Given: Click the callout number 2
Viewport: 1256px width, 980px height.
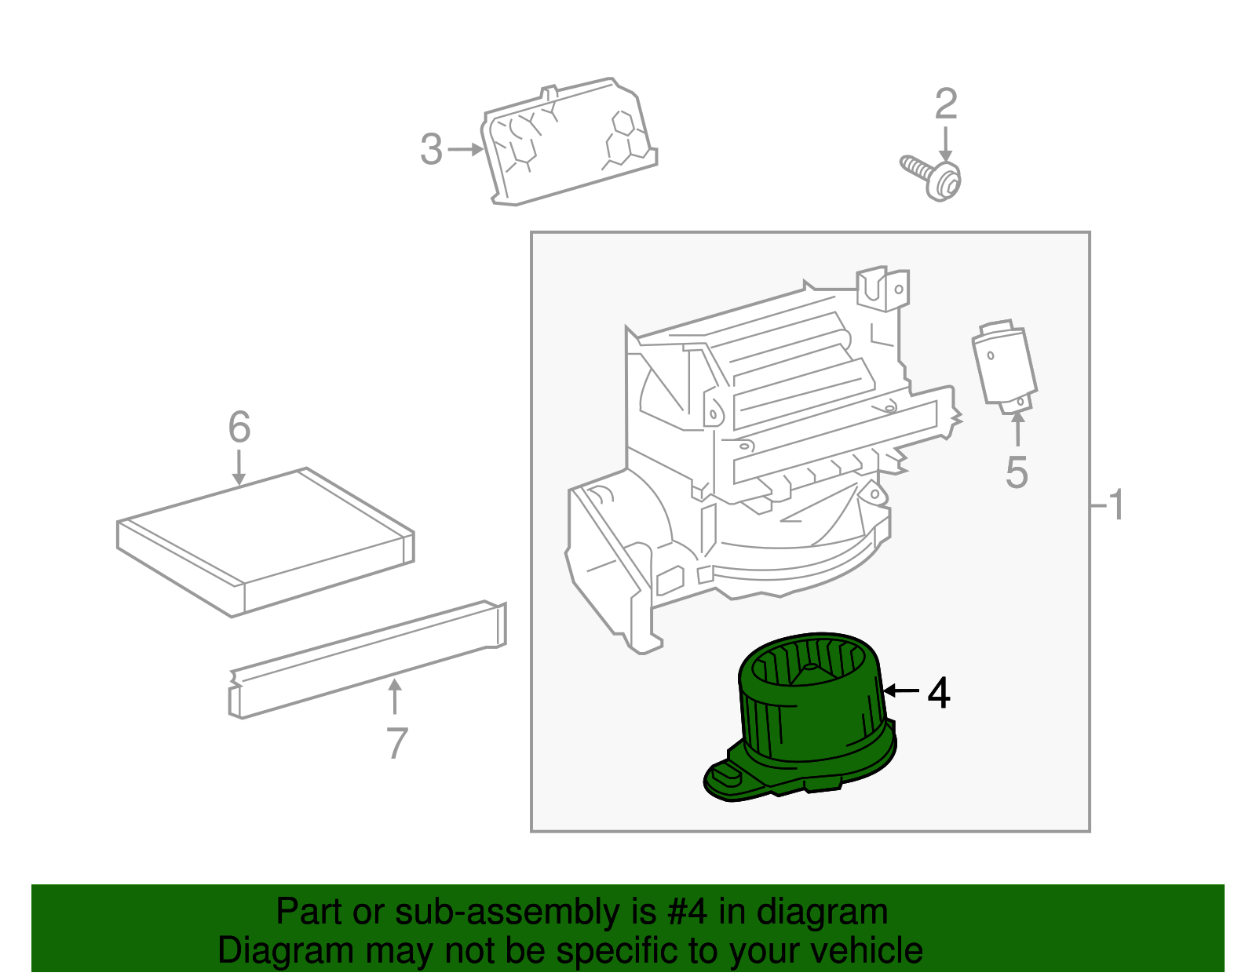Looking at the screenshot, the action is (x=946, y=104).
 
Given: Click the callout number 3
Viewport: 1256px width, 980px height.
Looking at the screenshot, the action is (x=431, y=149).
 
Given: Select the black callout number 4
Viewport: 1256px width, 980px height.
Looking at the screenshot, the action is (x=939, y=692).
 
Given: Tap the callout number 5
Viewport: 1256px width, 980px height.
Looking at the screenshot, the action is (x=1017, y=472).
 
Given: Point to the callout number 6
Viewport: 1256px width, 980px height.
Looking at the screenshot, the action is (x=239, y=427).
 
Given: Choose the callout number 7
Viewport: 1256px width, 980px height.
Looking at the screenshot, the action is (x=396, y=743).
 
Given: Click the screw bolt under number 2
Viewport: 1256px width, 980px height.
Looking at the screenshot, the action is (x=930, y=178).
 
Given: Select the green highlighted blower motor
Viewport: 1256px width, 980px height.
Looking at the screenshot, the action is (x=801, y=716).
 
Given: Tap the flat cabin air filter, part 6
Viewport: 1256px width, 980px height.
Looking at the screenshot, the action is (x=265, y=542).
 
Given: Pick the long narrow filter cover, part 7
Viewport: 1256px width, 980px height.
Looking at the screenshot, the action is (x=367, y=660).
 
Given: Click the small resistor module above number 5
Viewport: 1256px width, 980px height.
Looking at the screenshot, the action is (x=1005, y=366).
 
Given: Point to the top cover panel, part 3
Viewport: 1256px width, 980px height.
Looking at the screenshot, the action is (x=570, y=142).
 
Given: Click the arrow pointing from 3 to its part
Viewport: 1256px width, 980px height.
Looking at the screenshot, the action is (x=466, y=150).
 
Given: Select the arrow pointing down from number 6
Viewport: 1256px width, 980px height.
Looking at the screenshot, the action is (x=239, y=467).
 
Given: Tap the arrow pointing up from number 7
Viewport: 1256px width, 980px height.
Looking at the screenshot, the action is (x=395, y=697).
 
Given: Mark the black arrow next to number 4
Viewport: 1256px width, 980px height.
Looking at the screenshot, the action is (x=901, y=690).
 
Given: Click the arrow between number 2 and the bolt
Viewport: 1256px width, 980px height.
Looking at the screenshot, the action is (x=946, y=144).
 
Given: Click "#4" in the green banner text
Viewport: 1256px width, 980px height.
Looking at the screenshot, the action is (x=687, y=913).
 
